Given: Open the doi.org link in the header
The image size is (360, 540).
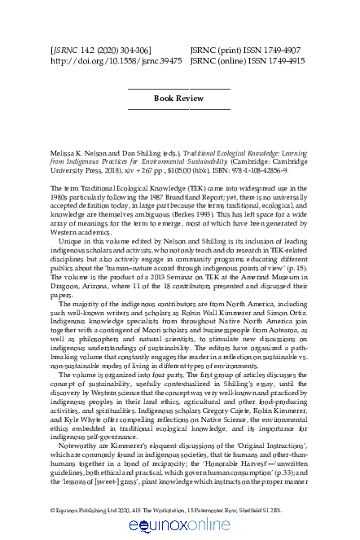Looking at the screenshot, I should click(107, 60).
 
